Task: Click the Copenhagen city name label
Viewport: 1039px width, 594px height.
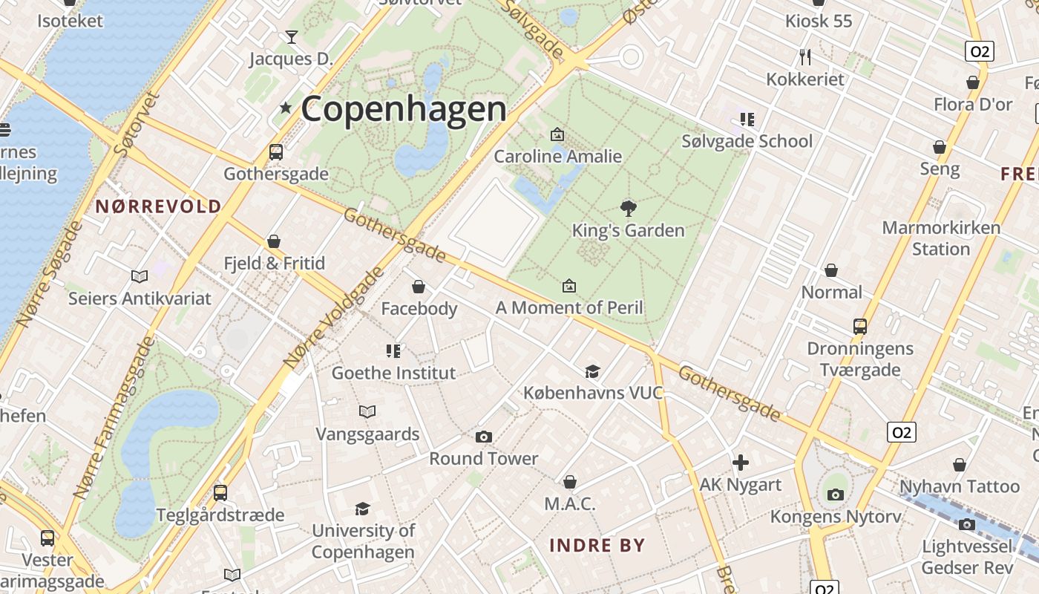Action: pyautogui.click(x=403, y=109)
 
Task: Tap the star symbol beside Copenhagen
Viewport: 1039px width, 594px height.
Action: pyautogui.click(x=286, y=108)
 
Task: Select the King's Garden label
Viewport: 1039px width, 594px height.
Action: pyautogui.click(x=628, y=230)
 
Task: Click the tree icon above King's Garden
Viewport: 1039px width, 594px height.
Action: pyautogui.click(x=628, y=207)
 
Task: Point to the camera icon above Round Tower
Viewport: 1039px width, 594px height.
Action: pyautogui.click(x=483, y=437)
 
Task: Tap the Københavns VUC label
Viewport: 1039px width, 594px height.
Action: pyautogui.click(x=593, y=393)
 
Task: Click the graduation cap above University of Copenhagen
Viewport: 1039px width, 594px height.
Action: pyautogui.click(x=362, y=509)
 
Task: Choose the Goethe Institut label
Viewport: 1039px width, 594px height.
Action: pyautogui.click(x=393, y=373)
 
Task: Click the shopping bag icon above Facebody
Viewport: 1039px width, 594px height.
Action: pyautogui.click(x=419, y=287)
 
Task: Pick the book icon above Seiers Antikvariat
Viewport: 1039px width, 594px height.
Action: pyautogui.click(x=140, y=277)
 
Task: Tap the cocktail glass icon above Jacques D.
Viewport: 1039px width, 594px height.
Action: pyautogui.click(x=291, y=36)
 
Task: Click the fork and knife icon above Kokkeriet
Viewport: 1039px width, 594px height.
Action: pyautogui.click(x=805, y=56)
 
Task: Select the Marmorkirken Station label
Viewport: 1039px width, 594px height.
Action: pyautogui.click(x=941, y=238)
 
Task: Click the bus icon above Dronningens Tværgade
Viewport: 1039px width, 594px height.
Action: pyautogui.click(x=859, y=327)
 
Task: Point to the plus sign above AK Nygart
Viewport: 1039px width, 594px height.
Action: pyautogui.click(x=740, y=463)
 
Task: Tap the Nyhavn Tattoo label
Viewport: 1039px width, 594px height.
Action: pyautogui.click(x=960, y=487)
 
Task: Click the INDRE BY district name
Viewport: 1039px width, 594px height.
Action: pyautogui.click(x=597, y=546)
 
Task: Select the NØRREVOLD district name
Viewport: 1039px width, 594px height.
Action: pyautogui.click(x=158, y=206)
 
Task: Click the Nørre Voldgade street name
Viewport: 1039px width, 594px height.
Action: pyautogui.click(x=334, y=317)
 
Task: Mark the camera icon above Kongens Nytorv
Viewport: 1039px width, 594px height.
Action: pyautogui.click(x=836, y=495)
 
